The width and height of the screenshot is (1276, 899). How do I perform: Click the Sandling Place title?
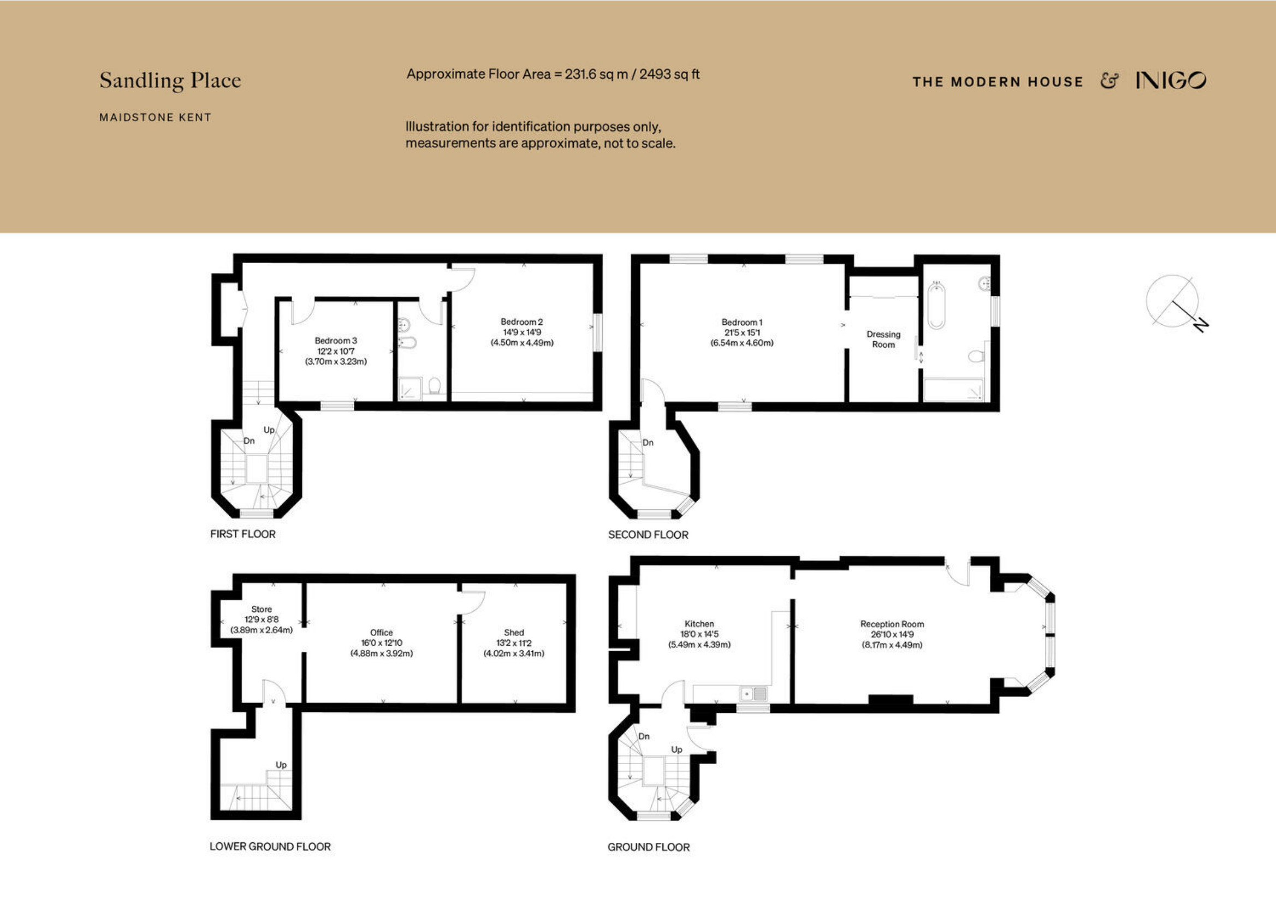(170, 81)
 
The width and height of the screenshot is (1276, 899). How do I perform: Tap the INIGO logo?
(1171, 81)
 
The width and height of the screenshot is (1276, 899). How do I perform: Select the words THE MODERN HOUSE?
(998, 82)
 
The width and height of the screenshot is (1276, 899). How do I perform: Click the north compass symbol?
(1177, 303)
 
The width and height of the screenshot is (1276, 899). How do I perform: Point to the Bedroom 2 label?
(521, 322)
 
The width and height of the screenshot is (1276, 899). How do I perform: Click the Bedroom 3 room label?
(336, 341)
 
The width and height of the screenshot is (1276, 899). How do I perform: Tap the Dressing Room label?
(883, 340)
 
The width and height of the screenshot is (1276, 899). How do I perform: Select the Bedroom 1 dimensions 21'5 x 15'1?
(742, 332)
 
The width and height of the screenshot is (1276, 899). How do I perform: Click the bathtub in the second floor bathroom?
(936, 306)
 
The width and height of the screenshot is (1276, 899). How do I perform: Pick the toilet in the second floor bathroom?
(976, 356)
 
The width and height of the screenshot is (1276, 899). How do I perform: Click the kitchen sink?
(753, 693)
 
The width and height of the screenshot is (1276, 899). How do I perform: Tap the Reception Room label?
(892, 624)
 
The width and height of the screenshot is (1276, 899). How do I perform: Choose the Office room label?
(381, 632)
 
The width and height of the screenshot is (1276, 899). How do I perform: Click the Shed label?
(513, 632)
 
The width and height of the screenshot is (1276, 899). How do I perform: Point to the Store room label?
(261, 609)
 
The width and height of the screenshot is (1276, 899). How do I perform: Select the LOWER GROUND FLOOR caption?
(270, 846)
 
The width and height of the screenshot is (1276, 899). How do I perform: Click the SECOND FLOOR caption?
(648, 534)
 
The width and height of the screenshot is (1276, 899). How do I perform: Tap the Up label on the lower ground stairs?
(281, 765)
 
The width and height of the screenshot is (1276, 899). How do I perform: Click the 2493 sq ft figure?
(669, 74)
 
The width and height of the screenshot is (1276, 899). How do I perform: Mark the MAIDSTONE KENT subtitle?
(155, 117)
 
